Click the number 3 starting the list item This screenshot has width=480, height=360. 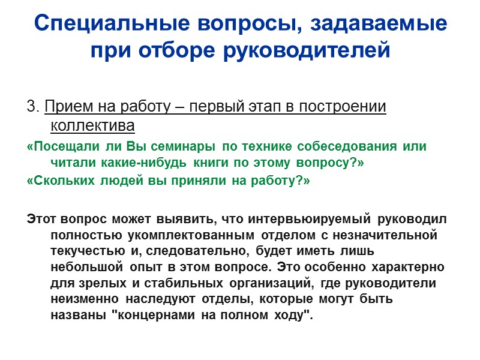31,107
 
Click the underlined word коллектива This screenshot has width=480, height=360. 93,125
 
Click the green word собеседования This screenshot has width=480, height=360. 322,146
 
